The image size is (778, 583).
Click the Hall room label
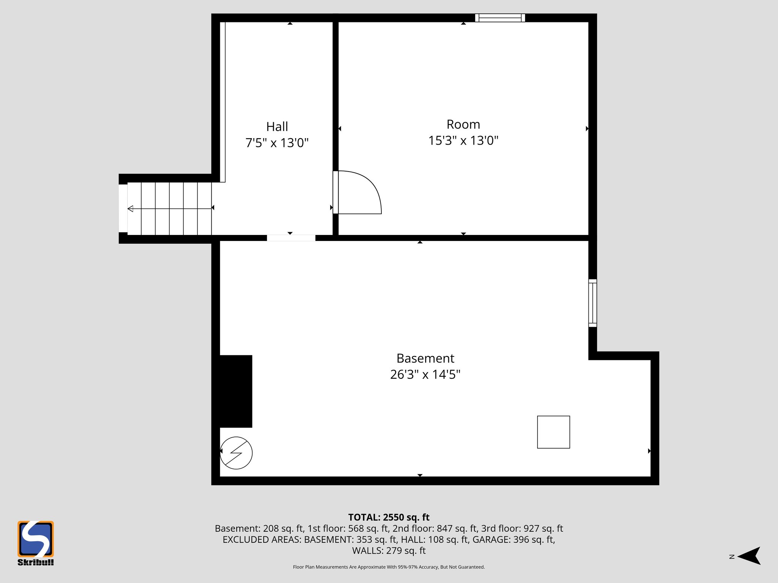[277, 126]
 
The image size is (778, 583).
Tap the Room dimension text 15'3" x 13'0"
[463, 140]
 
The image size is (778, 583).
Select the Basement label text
[425, 358]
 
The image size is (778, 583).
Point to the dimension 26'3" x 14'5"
[425, 375]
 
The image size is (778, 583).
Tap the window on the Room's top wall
[500, 18]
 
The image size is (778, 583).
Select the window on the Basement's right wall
[593, 303]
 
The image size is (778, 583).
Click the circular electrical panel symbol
[236, 453]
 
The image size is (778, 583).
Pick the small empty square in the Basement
[553, 432]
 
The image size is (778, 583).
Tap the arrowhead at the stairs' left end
[130, 208]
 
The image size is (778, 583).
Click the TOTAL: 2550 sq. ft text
[389, 517]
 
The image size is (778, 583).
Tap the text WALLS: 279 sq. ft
[389, 550]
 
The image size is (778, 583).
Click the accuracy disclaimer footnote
[389, 567]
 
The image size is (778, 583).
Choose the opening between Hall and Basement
[291, 238]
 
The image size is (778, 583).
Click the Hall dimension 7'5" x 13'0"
[277, 143]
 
